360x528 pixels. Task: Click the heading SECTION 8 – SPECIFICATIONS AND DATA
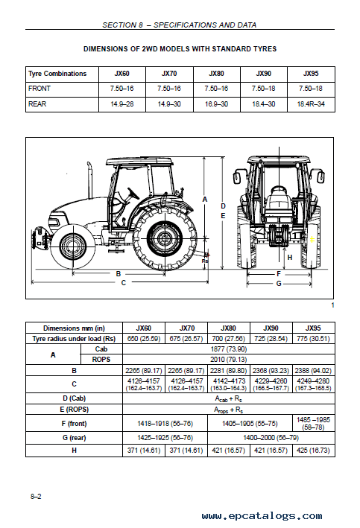coord(180,25)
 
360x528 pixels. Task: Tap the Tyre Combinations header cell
coord(57,74)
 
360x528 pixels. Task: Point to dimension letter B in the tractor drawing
coord(119,274)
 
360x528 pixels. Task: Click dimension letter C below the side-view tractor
coord(123,283)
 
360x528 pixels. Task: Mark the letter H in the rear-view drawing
coord(289,258)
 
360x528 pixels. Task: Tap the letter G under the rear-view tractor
coord(279,284)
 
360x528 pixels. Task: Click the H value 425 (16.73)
coord(314,451)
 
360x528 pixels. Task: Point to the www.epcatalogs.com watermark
coord(262,515)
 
